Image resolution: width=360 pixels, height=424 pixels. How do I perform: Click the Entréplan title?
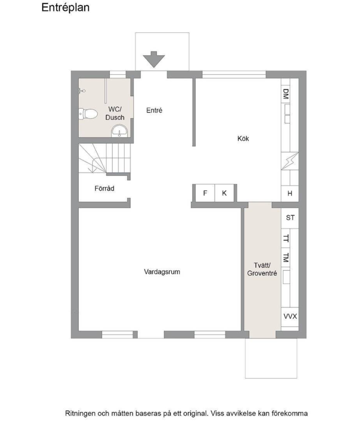coord(65,8)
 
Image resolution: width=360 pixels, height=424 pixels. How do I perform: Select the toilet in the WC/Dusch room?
coord(88,114)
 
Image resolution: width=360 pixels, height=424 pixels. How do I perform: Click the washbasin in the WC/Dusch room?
coord(119,131)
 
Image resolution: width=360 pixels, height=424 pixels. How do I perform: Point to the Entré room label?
coord(154,110)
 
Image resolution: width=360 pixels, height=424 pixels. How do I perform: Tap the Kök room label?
coord(243,138)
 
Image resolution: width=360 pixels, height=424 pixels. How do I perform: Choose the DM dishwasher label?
coord(286,94)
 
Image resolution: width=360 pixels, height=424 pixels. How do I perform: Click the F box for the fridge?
coord(205,193)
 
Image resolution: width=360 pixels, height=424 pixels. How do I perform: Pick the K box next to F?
coord(224,193)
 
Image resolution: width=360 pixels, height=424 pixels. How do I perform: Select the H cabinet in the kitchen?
coord(290,193)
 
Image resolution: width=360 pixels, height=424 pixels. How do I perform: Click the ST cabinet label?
coord(290,217)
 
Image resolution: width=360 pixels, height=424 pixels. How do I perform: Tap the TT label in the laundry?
coord(286,238)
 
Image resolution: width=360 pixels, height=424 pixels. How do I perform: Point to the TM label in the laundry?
coord(286,258)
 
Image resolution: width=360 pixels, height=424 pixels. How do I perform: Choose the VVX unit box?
coord(290,316)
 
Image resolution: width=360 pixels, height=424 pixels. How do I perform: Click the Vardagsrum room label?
coord(162,271)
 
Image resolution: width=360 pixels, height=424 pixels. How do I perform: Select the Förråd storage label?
coord(104,188)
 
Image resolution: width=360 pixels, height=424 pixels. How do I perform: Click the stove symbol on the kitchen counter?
coord(290,161)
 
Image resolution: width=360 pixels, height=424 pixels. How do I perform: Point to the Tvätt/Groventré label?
coord(262,269)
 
